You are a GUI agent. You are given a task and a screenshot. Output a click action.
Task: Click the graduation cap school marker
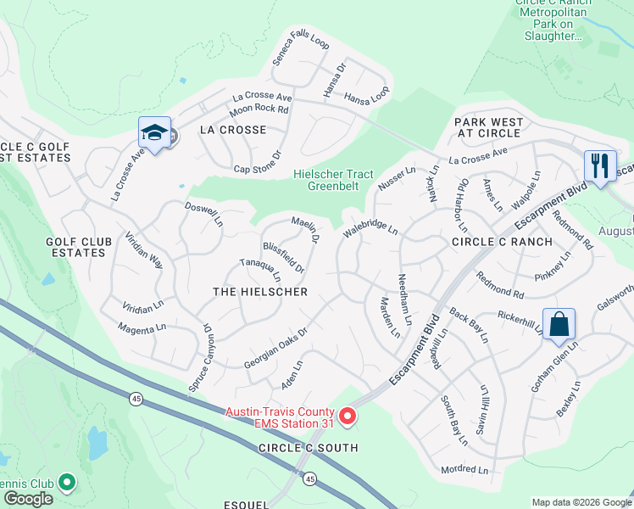[x=154, y=133]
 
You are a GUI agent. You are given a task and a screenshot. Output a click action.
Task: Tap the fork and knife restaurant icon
[x=600, y=165]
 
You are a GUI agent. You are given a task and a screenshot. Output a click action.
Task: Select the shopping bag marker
[x=559, y=325]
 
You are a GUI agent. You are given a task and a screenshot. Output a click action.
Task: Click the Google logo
[x=28, y=499]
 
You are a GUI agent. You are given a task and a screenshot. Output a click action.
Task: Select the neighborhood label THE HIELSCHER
[x=259, y=291]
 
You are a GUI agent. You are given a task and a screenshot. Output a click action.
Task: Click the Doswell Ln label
[x=204, y=214]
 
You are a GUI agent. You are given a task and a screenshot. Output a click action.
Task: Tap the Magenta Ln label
[x=142, y=328]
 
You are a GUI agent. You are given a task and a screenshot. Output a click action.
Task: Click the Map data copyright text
[x=581, y=502]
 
